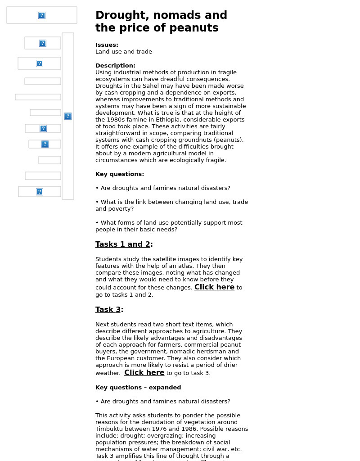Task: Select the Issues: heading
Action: coord(107,45)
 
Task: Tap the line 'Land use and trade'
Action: coord(124,52)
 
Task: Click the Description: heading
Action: coord(115,66)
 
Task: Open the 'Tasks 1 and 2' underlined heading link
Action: coord(123,244)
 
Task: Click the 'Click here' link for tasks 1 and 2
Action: coord(214,287)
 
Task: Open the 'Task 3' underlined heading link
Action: coord(108,310)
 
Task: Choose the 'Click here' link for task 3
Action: coord(144,373)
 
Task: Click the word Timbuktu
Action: coord(109,429)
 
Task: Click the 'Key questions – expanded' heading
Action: coord(138,388)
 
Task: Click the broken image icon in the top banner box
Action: coord(42,15)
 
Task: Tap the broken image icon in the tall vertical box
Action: coord(68,116)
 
